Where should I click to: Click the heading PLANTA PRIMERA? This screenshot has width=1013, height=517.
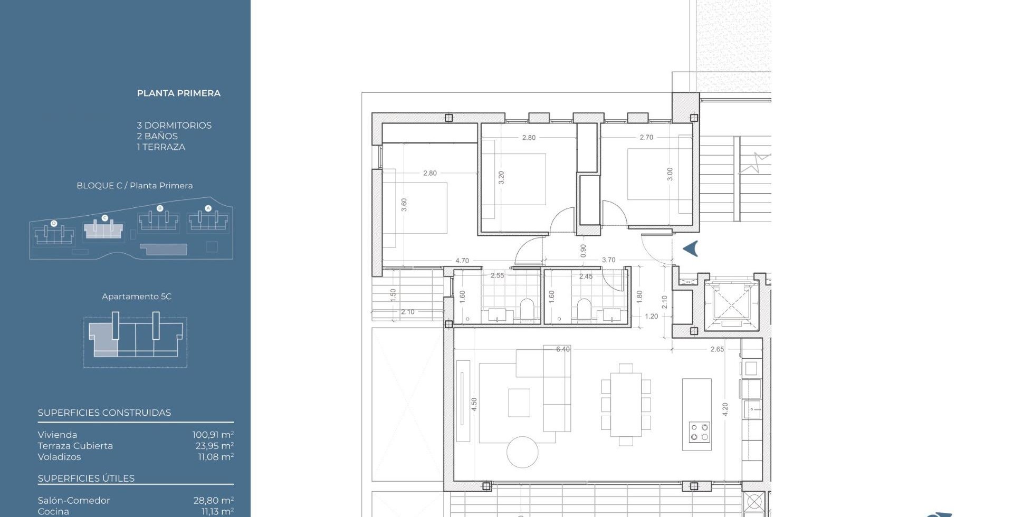pyautogui.click(x=179, y=93)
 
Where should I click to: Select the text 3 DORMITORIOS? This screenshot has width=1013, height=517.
pyautogui.click(x=174, y=126)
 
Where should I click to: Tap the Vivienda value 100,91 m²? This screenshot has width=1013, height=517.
pyautogui.click(x=213, y=435)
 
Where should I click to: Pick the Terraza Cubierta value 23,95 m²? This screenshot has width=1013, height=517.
pyautogui.click(x=215, y=446)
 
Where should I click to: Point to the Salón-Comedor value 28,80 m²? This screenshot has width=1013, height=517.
pyautogui.click(x=214, y=501)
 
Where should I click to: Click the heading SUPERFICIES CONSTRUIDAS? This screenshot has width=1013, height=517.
pyautogui.click(x=104, y=413)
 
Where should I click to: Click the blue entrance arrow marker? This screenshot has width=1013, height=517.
pyautogui.click(x=691, y=248)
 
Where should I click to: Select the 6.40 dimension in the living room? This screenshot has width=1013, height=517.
pyautogui.click(x=563, y=349)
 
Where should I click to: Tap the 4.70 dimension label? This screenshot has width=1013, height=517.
pyautogui.click(x=462, y=261)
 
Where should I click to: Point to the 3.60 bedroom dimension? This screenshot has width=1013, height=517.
pyautogui.click(x=404, y=205)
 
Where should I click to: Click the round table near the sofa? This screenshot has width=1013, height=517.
pyautogui.click(x=522, y=452)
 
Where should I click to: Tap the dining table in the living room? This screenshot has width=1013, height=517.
pyautogui.click(x=626, y=405)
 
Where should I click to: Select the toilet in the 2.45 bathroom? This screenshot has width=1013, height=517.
pyautogui.click(x=584, y=310)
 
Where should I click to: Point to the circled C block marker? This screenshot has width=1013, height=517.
pyautogui.click(x=104, y=218)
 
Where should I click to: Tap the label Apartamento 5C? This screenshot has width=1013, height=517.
pyautogui.click(x=137, y=296)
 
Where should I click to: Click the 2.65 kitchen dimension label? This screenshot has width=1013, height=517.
pyautogui.click(x=717, y=349)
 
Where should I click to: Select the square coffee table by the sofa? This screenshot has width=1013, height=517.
pyautogui.click(x=519, y=403)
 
